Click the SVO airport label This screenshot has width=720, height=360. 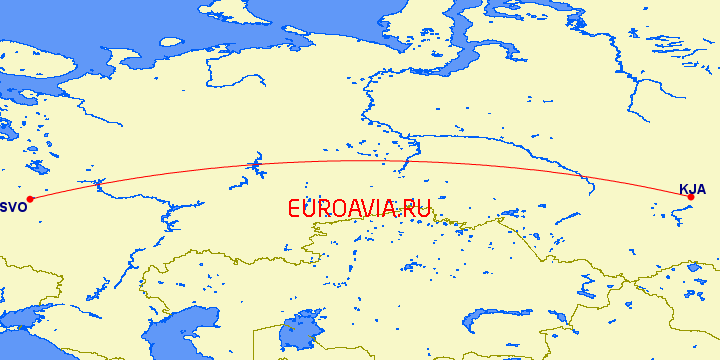point(13,207)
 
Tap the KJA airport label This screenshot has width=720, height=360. point(693,188)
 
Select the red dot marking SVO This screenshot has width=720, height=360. point(30,198)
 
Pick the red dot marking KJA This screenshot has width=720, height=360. point(690,197)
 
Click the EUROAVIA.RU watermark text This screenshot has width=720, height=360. point(358,209)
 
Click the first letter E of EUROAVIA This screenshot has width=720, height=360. point(294,209)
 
